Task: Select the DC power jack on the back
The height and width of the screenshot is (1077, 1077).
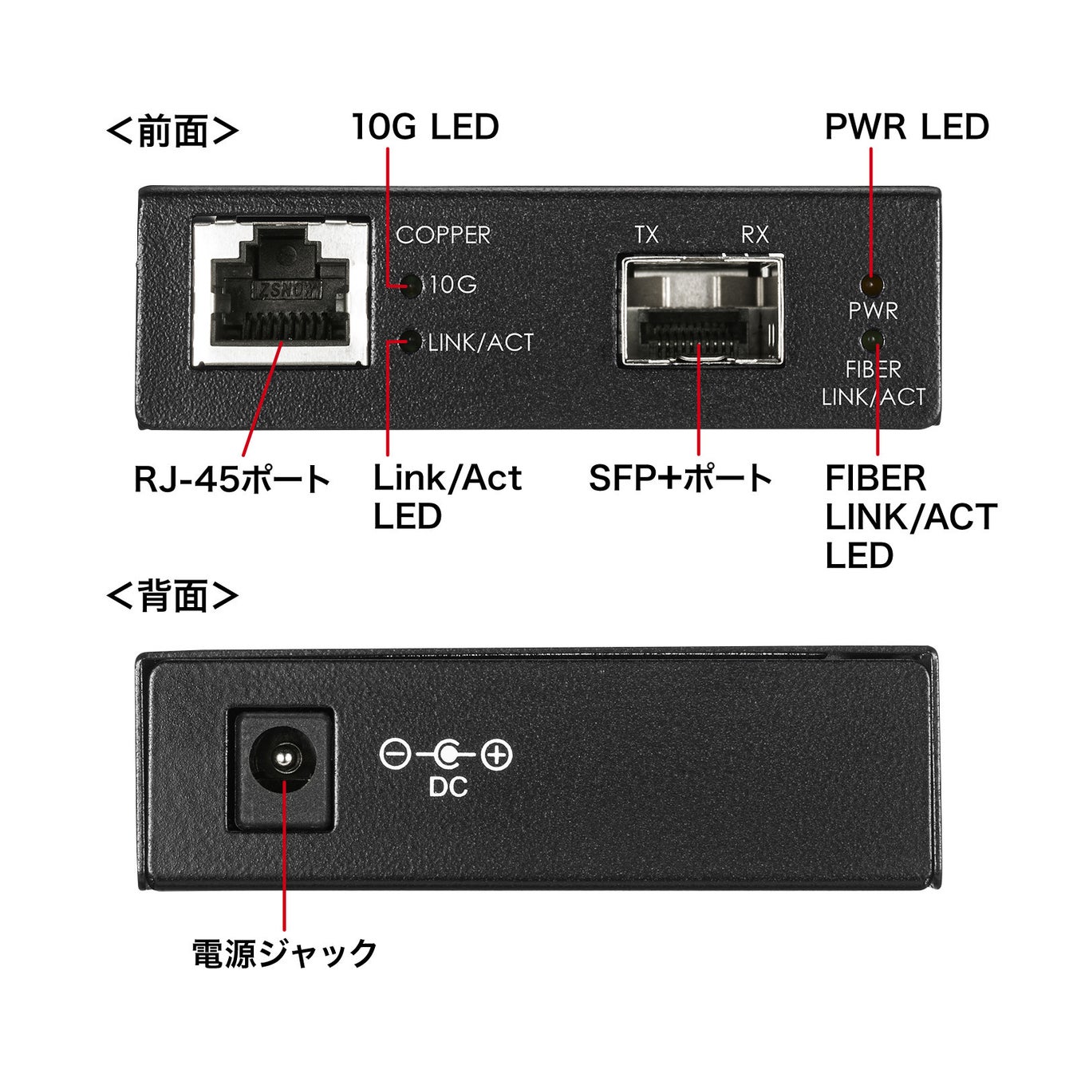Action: pyautogui.click(x=282, y=759)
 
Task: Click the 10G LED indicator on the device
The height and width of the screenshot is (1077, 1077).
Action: pyautogui.click(x=412, y=285)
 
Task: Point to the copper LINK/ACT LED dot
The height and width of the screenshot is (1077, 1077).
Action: pyautogui.click(x=412, y=342)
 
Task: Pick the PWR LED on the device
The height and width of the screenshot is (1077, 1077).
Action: pyautogui.click(x=871, y=283)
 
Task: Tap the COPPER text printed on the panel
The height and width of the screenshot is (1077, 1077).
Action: pyautogui.click(x=443, y=235)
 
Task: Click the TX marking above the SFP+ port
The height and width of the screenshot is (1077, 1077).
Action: pyautogui.click(x=646, y=235)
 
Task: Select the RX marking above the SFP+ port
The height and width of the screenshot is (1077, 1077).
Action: pyautogui.click(x=754, y=235)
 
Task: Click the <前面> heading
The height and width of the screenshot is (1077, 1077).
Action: pyautogui.click(x=172, y=130)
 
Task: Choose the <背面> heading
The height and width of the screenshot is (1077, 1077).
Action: pyautogui.click(x=172, y=595)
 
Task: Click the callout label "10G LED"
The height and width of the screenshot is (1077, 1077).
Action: pyautogui.click(x=425, y=128)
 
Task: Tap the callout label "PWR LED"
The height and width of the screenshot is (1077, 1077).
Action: pyautogui.click(x=906, y=128)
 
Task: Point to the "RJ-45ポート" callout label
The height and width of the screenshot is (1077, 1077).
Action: pyautogui.click(x=231, y=479)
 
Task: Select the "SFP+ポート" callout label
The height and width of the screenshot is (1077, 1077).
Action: pyautogui.click(x=681, y=479)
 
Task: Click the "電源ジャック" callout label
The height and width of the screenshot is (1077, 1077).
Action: pyautogui.click(x=284, y=953)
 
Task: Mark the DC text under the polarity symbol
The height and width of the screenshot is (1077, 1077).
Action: pyautogui.click(x=448, y=787)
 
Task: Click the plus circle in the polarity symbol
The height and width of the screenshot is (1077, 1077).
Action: pyautogui.click(x=497, y=754)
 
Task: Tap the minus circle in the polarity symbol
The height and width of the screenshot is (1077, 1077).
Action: pyautogui.click(x=395, y=754)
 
